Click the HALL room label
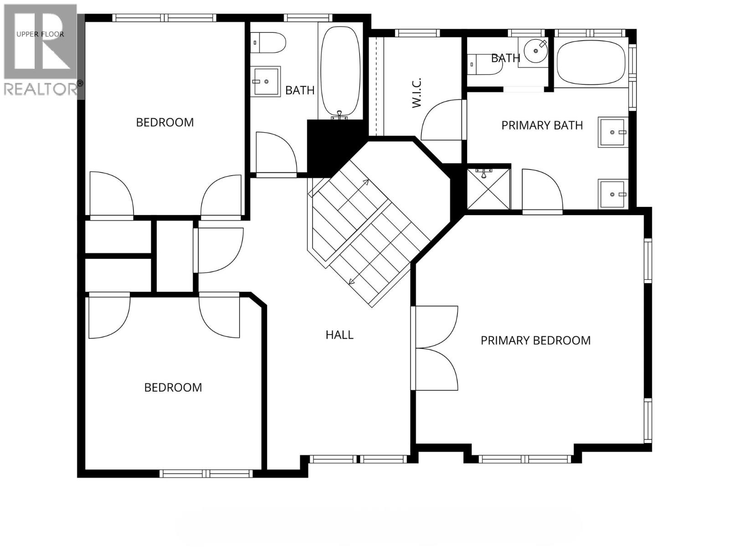click(339, 335)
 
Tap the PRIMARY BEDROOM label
click(535, 341)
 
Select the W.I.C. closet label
click(416, 93)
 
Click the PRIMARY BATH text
click(542, 125)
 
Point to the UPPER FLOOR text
click(40, 34)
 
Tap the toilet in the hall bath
click(269, 43)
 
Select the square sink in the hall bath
click(266, 82)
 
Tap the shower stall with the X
click(488, 189)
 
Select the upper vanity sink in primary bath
click(613, 132)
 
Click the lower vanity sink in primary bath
click(613, 194)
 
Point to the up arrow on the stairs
click(364, 183)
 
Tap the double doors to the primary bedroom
click(435, 348)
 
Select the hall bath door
click(276, 153)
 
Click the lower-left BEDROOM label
click(173, 387)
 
